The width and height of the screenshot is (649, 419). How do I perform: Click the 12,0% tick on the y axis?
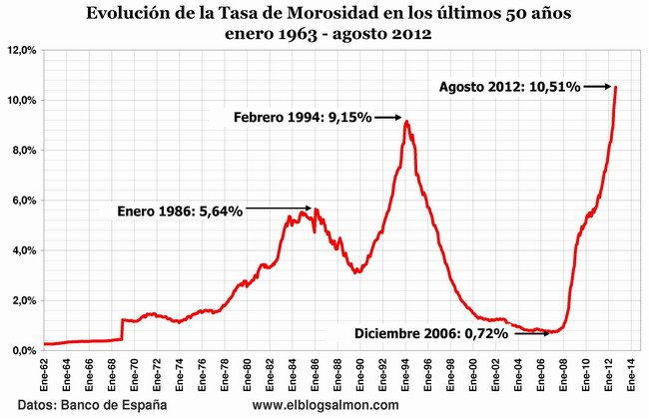[x=23, y=50]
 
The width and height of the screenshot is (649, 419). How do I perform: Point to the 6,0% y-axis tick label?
[x=23, y=201]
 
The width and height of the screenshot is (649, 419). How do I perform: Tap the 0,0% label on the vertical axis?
[x=23, y=350]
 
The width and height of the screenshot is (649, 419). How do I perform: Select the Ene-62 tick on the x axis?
[x=45, y=371]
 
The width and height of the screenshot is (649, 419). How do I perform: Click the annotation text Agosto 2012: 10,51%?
[x=509, y=87]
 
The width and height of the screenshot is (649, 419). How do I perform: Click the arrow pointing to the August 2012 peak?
[x=598, y=87]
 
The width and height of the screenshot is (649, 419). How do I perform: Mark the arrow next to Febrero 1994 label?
[x=389, y=117]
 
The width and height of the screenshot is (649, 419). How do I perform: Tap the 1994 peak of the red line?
[x=406, y=122]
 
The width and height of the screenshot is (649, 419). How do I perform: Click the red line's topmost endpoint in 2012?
[x=615, y=87]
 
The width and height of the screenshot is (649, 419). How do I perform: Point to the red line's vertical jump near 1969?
[x=121, y=330]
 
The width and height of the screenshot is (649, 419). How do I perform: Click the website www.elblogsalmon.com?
[x=325, y=405]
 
